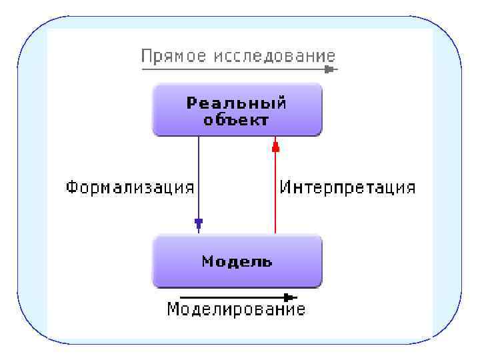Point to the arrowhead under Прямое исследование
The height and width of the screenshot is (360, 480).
(329, 69)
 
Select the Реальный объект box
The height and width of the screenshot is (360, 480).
(237, 110)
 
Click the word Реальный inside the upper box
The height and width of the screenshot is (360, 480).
(237, 103)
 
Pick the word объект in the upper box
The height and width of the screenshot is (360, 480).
(237, 121)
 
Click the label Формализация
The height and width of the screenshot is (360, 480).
(130, 187)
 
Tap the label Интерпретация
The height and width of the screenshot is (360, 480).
(347, 187)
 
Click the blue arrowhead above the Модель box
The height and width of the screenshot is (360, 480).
(199, 223)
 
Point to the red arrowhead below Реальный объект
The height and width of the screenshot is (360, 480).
(275, 146)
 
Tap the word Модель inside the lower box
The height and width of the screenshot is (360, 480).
(237, 261)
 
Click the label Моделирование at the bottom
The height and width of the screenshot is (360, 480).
(236, 309)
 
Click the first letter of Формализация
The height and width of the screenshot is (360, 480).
(71, 187)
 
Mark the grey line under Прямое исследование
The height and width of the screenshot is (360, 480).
(233, 69)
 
